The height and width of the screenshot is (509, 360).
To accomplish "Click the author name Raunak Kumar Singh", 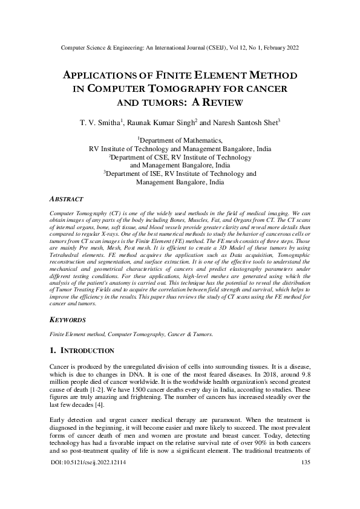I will pos(163,123).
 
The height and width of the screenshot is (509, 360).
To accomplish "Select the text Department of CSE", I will pos(138,157).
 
